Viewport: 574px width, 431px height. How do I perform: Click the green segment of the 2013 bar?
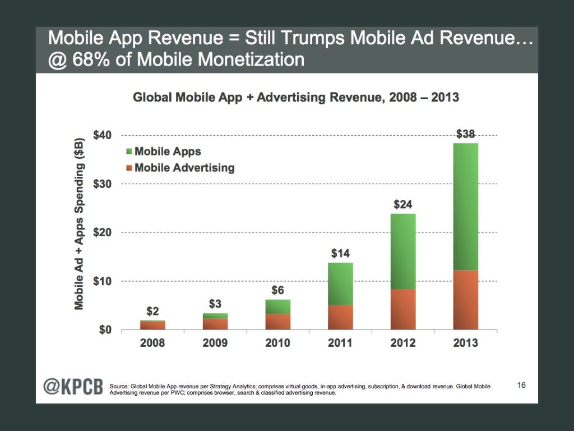462,207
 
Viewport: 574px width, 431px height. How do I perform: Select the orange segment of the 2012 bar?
399,309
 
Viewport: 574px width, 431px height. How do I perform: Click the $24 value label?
403,205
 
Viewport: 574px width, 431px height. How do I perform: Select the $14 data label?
340,254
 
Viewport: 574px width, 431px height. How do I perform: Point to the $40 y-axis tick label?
104,135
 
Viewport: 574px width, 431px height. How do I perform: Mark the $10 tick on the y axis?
104,281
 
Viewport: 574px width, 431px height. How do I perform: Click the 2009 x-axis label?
215,342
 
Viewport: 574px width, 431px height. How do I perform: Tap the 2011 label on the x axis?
340,342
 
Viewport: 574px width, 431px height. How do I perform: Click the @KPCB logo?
73,388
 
